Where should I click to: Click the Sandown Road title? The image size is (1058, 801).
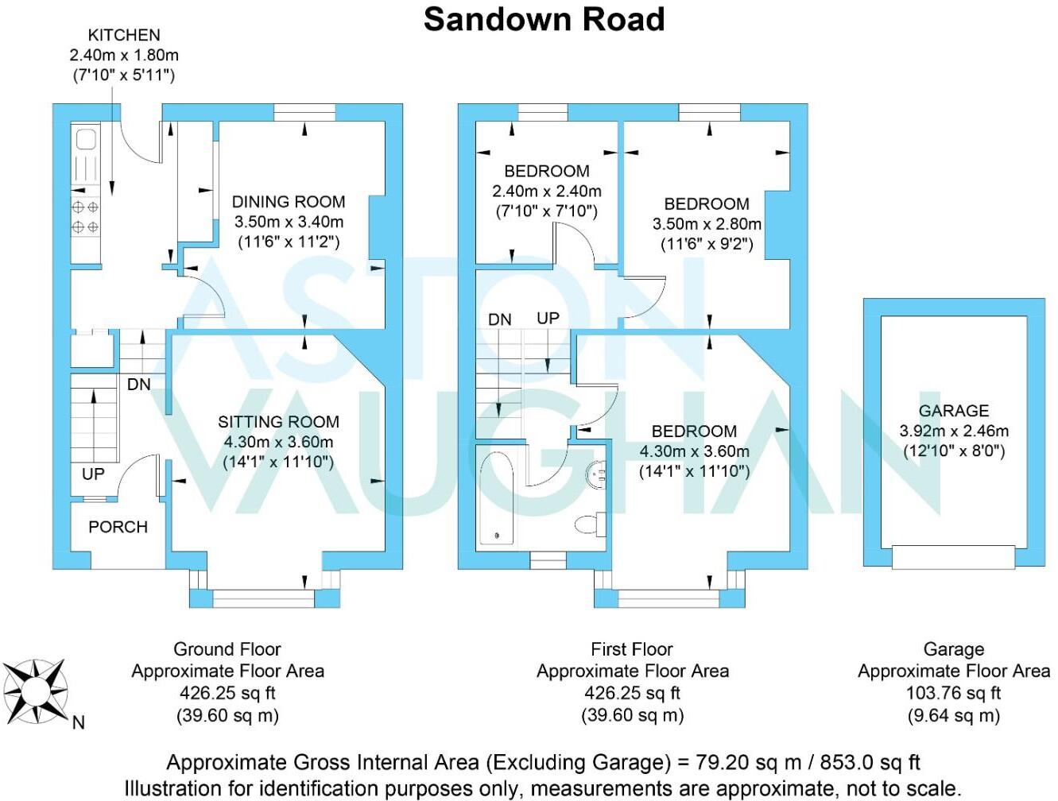[545, 20]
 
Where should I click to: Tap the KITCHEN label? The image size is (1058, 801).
[124, 35]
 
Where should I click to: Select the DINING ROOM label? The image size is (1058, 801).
[289, 201]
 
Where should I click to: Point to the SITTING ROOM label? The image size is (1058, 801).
[278, 422]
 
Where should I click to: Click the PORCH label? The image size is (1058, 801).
[118, 527]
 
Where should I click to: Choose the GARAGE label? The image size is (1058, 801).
[953, 411]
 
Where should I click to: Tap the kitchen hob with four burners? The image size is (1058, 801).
[85, 216]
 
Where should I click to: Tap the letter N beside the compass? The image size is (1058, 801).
[79, 722]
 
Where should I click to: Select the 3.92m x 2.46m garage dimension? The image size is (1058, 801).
[954, 431]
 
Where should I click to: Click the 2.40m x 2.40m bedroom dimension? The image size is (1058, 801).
[547, 192]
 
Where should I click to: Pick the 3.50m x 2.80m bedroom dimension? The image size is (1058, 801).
[707, 224]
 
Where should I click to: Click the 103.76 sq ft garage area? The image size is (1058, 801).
[953, 693]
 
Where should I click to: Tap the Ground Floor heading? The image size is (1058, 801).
[227, 649]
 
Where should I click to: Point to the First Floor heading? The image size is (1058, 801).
[632, 649]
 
